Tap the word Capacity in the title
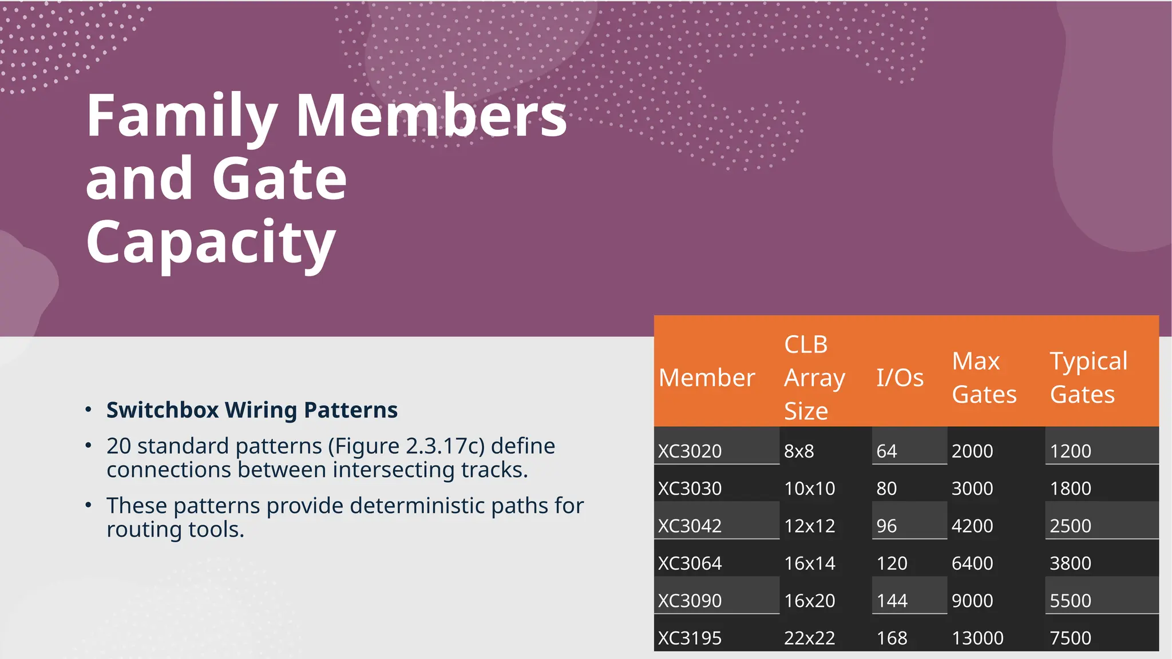click(x=211, y=243)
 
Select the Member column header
click(x=707, y=378)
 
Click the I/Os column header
click(x=900, y=378)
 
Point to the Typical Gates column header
click(x=1088, y=378)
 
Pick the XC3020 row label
click(x=690, y=451)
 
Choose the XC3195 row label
click(x=690, y=637)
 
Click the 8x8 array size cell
click(x=799, y=451)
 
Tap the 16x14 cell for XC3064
click(x=809, y=563)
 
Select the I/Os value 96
click(x=886, y=526)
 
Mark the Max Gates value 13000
click(x=977, y=637)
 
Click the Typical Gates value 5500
click(x=1070, y=601)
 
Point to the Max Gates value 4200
click(x=972, y=526)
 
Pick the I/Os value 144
click(x=892, y=601)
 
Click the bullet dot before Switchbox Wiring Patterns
click(x=88, y=409)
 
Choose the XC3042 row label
click(x=690, y=526)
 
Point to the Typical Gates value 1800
click(x=1070, y=489)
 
